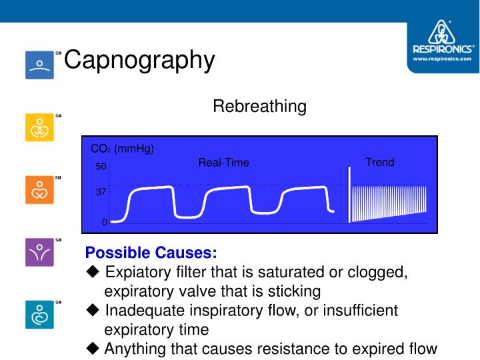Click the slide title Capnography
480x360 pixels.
[x=139, y=61]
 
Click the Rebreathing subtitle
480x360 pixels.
[x=259, y=107]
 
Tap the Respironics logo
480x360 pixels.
[x=443, y=43]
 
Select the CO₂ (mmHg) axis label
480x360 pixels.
[x=122, y=149]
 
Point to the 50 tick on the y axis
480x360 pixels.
[x=101, y=167]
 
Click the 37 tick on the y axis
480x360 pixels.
[x=101, y=191]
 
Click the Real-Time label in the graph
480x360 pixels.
[x=223, y=163]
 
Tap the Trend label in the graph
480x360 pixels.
[x=379, y=162]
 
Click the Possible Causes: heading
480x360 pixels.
[x=151, y=253]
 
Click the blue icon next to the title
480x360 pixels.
[x=39, y=65]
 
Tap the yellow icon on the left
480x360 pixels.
[x=39, y=127]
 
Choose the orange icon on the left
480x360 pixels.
[x=39, y=190]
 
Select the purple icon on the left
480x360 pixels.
[x=39, y=252]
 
